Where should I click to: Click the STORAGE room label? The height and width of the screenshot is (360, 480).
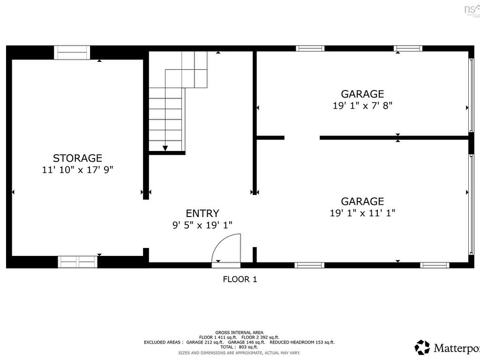77,158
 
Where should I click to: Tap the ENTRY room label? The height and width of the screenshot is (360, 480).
202,213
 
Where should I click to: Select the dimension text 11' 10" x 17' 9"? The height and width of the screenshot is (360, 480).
77,170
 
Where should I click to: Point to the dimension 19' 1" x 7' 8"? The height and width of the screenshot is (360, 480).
362,105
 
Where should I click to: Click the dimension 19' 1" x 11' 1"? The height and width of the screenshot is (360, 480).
362,213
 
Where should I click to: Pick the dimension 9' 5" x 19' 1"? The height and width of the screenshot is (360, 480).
202,225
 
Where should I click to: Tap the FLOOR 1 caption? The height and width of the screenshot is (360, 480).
240,279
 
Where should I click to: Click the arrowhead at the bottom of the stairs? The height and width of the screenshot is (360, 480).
165,148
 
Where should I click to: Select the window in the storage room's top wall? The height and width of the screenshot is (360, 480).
72,52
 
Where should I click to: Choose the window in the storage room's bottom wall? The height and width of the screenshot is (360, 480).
77,262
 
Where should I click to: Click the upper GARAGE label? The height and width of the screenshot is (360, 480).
362,94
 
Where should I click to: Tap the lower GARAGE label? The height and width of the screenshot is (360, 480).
362,201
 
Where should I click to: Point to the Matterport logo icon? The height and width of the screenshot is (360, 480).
422,347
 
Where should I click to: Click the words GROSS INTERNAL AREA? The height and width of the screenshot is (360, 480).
239,332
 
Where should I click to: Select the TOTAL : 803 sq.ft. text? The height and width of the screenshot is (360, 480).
239,347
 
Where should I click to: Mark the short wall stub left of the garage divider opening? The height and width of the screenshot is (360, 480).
271,138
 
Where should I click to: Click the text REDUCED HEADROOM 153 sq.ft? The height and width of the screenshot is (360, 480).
302,342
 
